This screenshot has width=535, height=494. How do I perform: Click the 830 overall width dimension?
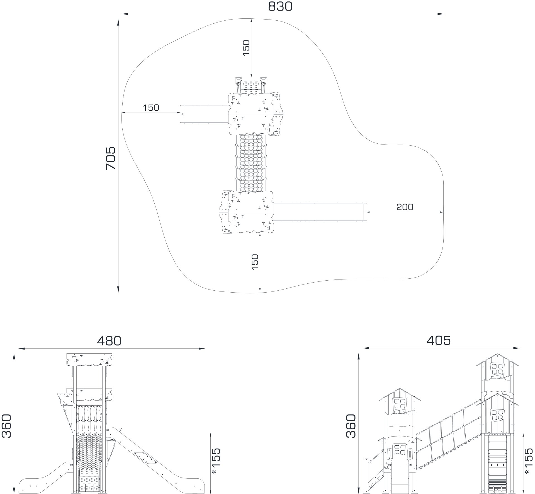[x=280, y=6]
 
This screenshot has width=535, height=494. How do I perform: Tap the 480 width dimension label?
[x=109, y=341]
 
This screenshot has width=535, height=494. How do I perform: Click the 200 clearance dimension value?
[x=405, y=207]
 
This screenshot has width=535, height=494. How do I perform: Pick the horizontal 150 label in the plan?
[x=151, y=108]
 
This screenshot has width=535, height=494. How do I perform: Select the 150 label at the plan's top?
[x=246, y=48]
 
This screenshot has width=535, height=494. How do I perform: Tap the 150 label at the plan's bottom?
[x=255, y=262]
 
